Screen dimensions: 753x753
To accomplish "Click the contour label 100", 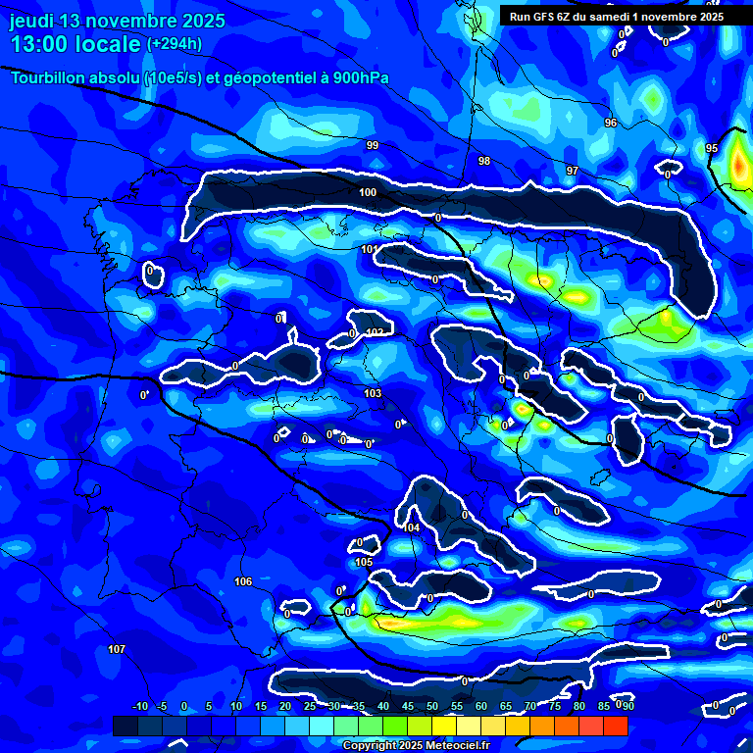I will point(368,192).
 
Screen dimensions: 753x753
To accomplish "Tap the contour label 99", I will point(373,145).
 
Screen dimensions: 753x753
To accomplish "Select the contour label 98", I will point(484,161).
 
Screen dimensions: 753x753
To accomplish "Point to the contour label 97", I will point(573,171).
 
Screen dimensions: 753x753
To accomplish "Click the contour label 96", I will point(611,123).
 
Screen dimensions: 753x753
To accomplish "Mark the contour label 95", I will point(712,148).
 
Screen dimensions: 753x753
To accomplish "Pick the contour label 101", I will point(369,250).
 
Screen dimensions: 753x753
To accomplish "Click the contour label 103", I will point(373,393).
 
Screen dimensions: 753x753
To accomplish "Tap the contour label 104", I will point(412,527).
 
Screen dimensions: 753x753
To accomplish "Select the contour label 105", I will point(364,562).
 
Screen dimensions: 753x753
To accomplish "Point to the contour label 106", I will point(243,581).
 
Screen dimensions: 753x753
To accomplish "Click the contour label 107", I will point(117,650).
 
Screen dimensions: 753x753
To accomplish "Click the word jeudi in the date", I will point(34,21).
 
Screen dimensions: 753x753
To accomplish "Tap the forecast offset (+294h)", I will point(175,44).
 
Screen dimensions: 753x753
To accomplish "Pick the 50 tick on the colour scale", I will point(431,707).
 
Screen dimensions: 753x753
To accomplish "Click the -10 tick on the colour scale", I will point(140,707).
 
